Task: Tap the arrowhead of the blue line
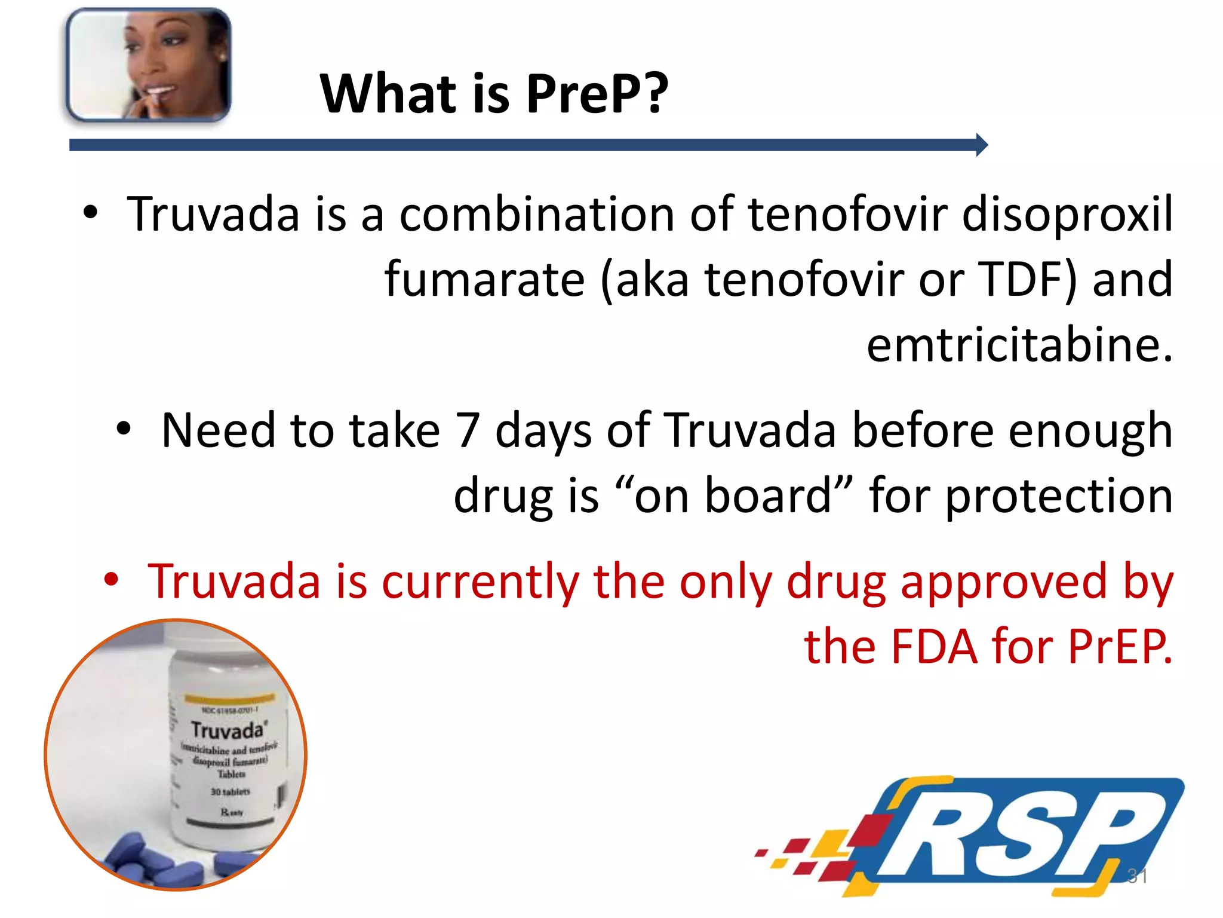tap(981, 145)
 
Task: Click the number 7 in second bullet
tap(468, 430)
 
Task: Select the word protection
tap(1059, 497)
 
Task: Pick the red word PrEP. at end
tap(1120, 647)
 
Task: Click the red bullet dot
tap(111, 579)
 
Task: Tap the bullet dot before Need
tap(124, 429)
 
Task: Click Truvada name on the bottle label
tap(227, 730)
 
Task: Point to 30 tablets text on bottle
tap(230, 791)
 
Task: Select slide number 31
tap(1137, 876)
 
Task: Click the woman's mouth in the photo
tap(160, 93)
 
